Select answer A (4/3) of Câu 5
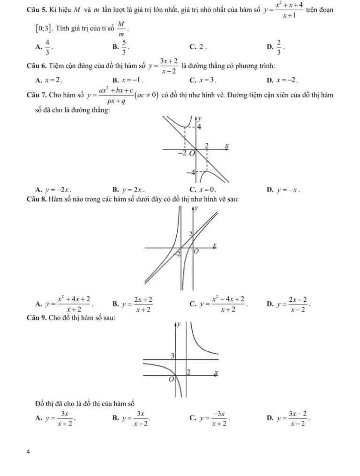(x=46, y=47)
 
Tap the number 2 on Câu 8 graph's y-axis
(x=190, y=233)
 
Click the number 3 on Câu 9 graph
(x=172, y=356)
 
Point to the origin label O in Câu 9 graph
(x=172, y=379)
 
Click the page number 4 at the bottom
(x=29, y=452)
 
